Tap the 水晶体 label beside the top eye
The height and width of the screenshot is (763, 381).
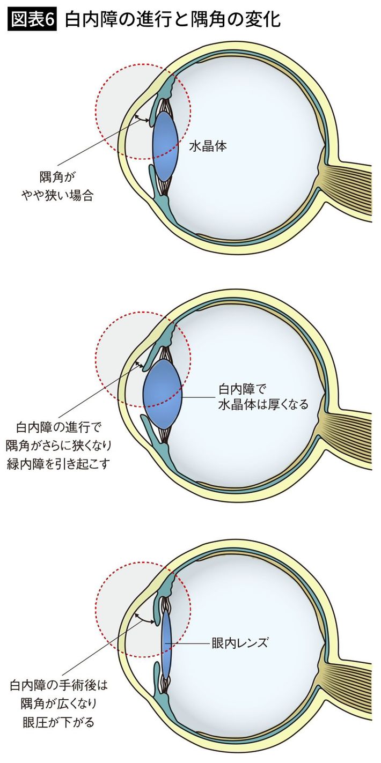point(208,146)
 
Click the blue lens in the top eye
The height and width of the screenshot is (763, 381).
point(165,146)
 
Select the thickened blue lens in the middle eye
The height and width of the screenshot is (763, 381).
point(162,395)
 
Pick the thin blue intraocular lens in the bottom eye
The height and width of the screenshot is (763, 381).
point(166,643)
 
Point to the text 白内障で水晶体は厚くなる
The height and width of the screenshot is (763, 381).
point(263,396)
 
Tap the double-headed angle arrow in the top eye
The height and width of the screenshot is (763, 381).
point(142,118)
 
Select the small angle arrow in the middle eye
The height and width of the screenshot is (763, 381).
point(139,365)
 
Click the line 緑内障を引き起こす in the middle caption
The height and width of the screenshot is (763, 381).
point(58,464)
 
